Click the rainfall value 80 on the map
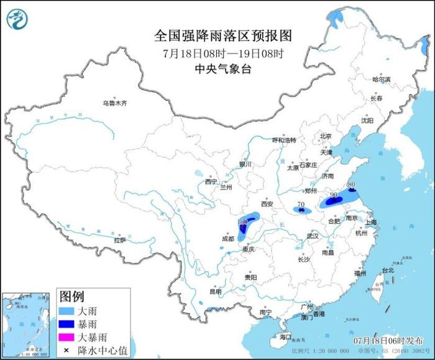coord(351,185)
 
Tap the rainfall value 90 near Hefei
coord(334,195)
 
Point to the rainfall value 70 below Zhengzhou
coord(301,205)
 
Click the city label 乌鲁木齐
coord(115,103)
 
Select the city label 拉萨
coord(119,239)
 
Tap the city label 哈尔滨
coord(381,80)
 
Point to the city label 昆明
coord(215,290)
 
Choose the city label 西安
coord(267,203)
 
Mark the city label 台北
coord(387,270)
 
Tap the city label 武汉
coord(312,236)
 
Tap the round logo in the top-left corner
coord(17,19)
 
